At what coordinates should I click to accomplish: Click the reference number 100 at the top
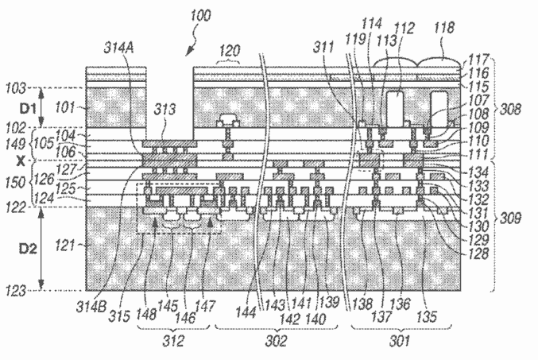point(201,16)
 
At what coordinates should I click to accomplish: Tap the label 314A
point(118,48)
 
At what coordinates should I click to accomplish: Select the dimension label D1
point(27,108)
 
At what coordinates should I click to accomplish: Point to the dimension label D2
point(28,248)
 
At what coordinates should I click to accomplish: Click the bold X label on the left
point(21,161)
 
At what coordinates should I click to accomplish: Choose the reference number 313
point(164,110)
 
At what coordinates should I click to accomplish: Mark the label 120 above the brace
point(229,52)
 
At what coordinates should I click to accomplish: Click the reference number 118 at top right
point(444,28)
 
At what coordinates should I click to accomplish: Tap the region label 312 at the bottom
point(173,341)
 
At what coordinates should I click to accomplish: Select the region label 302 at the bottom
point(277,341)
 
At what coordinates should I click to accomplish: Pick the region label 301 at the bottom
point(400,341)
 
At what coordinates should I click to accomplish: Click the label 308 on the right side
point(510,110)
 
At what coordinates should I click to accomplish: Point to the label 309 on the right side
point(510,218)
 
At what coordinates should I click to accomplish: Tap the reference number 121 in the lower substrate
point(65,246)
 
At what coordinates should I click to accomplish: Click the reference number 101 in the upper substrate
point(64,108)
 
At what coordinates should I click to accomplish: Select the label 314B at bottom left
point(91,307)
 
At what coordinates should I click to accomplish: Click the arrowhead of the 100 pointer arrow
point(188,53)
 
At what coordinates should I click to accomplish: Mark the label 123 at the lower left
point(16,291)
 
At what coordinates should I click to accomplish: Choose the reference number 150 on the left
point(15,183)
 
